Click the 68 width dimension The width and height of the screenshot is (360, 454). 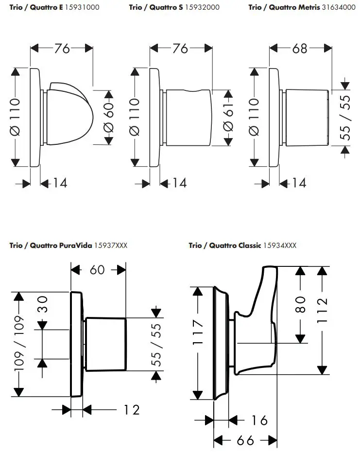pos(300,49)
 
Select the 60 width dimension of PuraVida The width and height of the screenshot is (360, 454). pos(97,269)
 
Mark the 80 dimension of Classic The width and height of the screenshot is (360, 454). pos(300,304)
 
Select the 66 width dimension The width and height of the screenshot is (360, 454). pos(246,440)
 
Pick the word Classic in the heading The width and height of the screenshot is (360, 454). pos(249,245)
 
